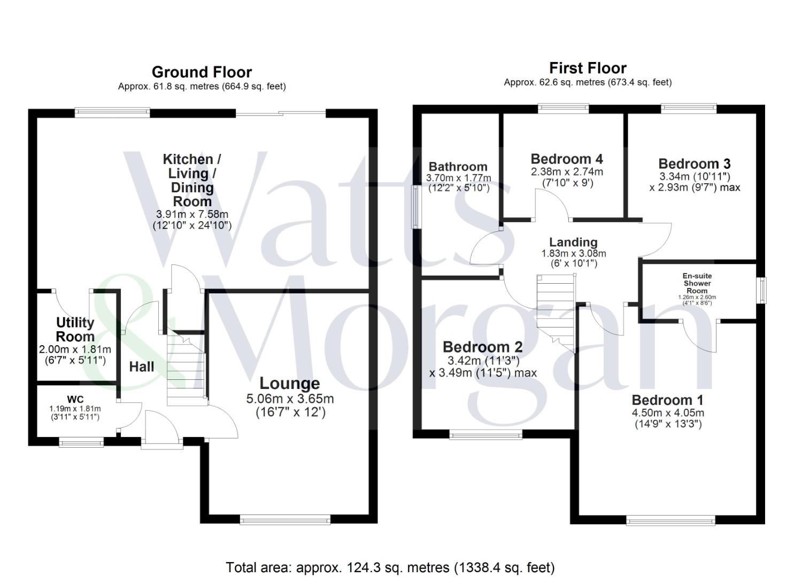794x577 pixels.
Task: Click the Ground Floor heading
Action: (x=202, y=72)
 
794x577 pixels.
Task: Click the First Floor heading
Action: (x=588, y=68)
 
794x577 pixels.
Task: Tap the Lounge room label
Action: (x=290, y=383)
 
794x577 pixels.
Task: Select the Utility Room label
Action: (x=75, y=330)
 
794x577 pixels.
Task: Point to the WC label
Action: (x=75, y=400)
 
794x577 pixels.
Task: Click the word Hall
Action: (x=142, y=367)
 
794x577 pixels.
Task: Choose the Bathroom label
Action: (x=458, y=167)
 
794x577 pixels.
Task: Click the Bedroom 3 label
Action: (x=695, y=163)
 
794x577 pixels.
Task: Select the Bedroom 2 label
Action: (x=483, y=347)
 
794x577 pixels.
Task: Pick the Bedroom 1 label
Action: (x=667, y=400)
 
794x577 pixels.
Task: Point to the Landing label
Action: (x=574, y=242)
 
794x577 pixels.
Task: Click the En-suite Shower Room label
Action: (x=697, y=283)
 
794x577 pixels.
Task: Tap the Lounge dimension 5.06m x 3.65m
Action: (x=290, y=399)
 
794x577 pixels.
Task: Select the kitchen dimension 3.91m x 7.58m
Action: (x=192, y=214)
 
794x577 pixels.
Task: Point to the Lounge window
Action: (x=285, y=520)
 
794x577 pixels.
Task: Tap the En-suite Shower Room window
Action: (x=762, y=291)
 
